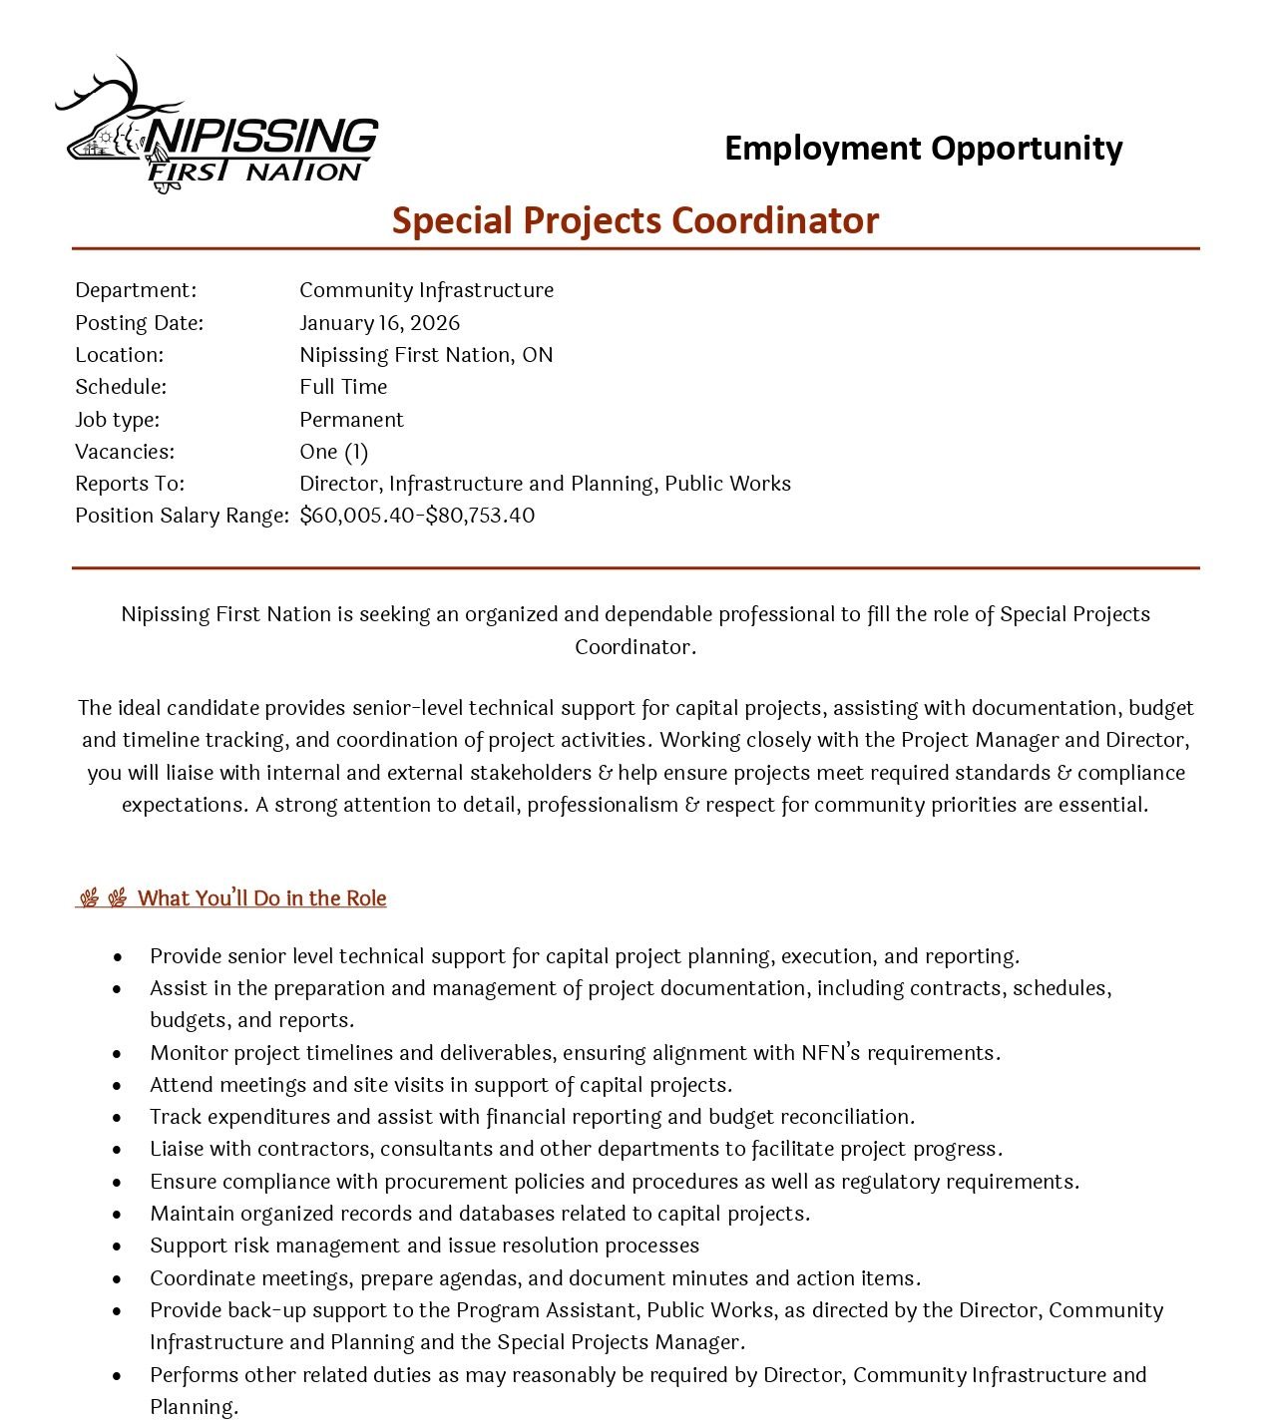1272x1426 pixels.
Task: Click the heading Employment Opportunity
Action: pos(923,148)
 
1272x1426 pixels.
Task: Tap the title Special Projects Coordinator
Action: pos(636,220)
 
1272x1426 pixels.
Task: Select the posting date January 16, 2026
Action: pos(379,323)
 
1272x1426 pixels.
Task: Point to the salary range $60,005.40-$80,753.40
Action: pos(417,516)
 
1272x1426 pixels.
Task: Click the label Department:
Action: pos(136,290)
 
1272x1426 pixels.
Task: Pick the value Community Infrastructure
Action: pos(426,290)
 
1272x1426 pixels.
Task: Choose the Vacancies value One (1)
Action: pos(333,452)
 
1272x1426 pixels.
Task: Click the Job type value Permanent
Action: pos(351,420)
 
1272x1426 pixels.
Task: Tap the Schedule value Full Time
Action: pos(343,387)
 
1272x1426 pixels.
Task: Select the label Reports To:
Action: pos(130,484)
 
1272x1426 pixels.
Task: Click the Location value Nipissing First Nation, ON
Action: pos(426,355)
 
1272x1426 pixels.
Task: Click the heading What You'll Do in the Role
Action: pos(261,898)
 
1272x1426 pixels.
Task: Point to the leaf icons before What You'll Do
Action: pos(103,898)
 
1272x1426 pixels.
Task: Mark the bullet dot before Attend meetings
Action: pos(118,1086)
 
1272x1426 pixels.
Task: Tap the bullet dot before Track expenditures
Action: pos(118,1118)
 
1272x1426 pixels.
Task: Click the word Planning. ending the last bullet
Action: pos(195,1407)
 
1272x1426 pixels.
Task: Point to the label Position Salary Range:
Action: pos(182,516)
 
